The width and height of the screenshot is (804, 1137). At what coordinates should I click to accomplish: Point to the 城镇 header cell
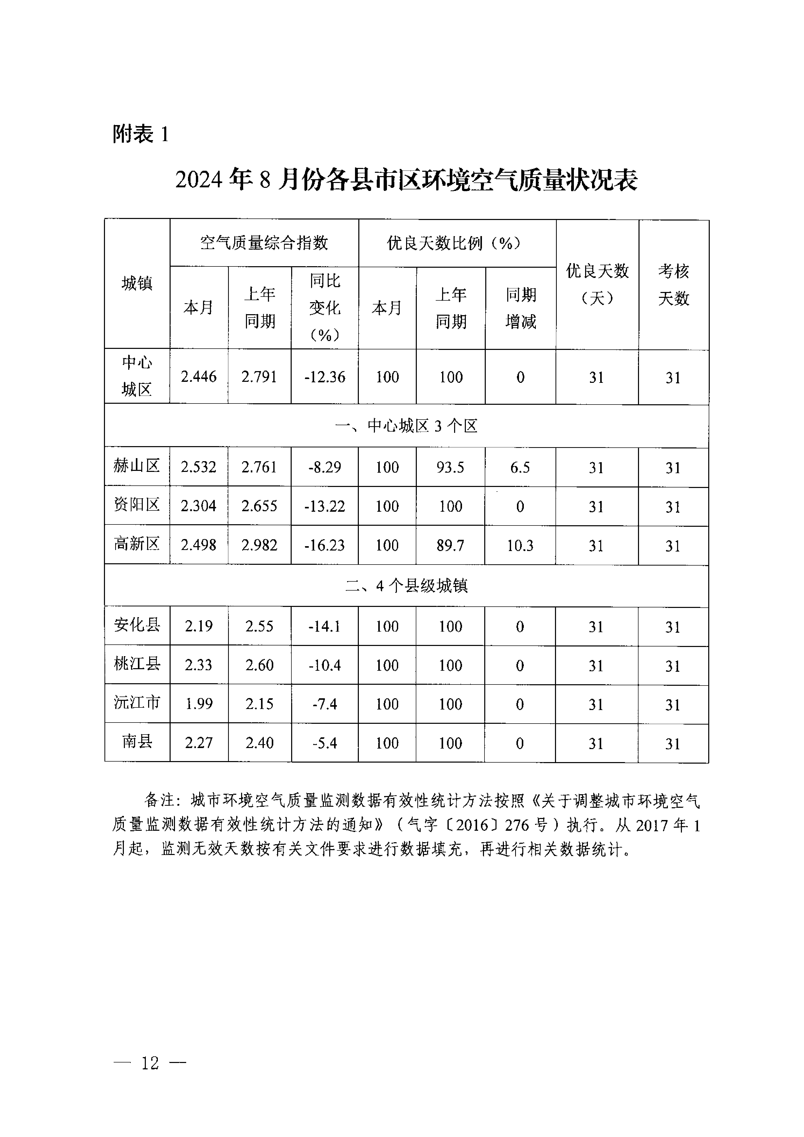coord(137,284)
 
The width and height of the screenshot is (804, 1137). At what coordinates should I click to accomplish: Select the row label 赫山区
coord(137,466)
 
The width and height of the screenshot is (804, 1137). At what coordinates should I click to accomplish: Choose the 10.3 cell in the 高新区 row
coord(520,545)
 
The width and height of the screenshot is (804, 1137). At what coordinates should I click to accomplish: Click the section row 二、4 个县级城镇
coord(406,586)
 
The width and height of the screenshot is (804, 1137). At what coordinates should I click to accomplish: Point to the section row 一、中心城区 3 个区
coord(406,426)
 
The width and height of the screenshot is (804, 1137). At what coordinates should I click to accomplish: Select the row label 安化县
coord(137,625)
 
